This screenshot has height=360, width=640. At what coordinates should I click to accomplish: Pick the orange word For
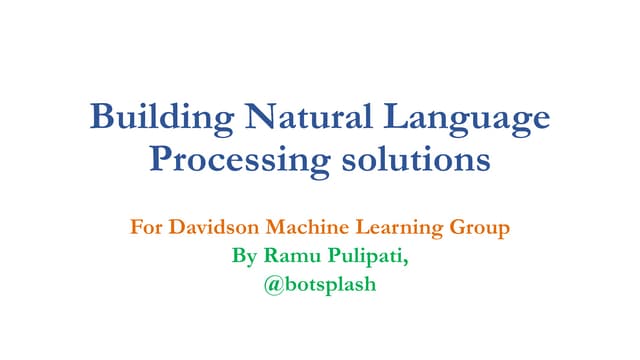146,228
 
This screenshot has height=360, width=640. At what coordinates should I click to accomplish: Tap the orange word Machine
307,228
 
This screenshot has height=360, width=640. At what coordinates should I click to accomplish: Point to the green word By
244,256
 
